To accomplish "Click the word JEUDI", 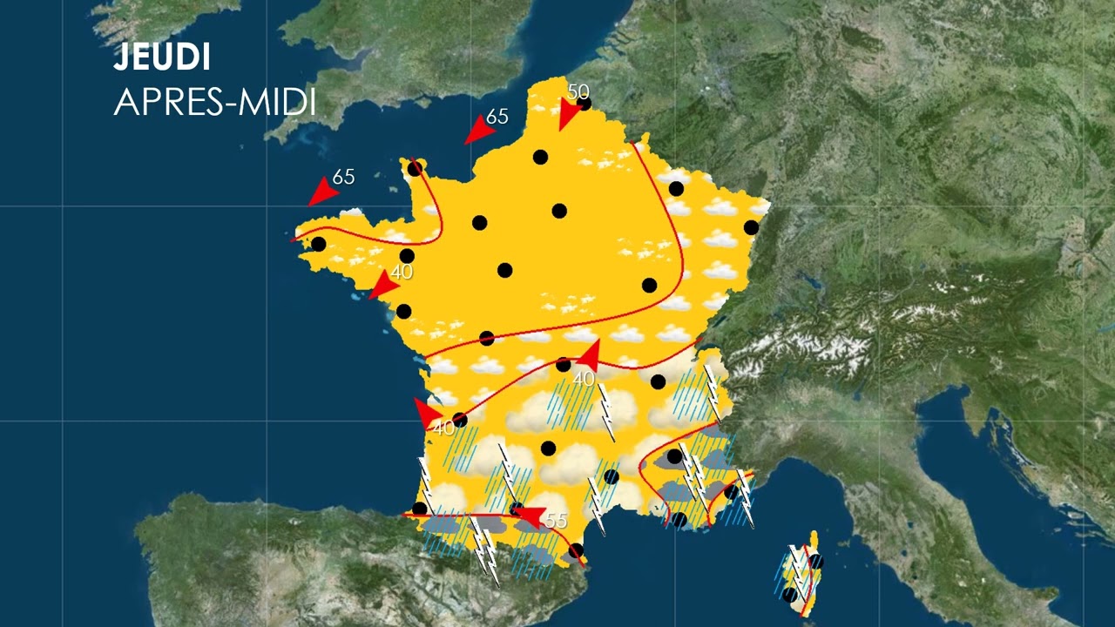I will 162,58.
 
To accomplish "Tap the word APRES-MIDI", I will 214,103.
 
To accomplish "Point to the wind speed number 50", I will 578,91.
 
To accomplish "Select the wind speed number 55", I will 556,521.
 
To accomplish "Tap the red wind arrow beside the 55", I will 530,517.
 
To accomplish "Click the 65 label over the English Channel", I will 497,116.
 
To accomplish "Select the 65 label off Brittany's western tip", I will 344,177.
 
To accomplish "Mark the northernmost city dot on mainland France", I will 584,104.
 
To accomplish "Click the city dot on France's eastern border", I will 751,227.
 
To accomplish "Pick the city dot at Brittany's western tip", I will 319,244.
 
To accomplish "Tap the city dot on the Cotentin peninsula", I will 415,168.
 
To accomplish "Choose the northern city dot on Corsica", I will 815,562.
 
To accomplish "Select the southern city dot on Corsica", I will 789,595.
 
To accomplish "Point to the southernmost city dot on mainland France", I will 575,550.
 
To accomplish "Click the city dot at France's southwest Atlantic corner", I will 420,509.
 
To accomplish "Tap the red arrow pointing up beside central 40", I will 589,354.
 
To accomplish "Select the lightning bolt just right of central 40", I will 605,410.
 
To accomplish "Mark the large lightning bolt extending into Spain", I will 484,548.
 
